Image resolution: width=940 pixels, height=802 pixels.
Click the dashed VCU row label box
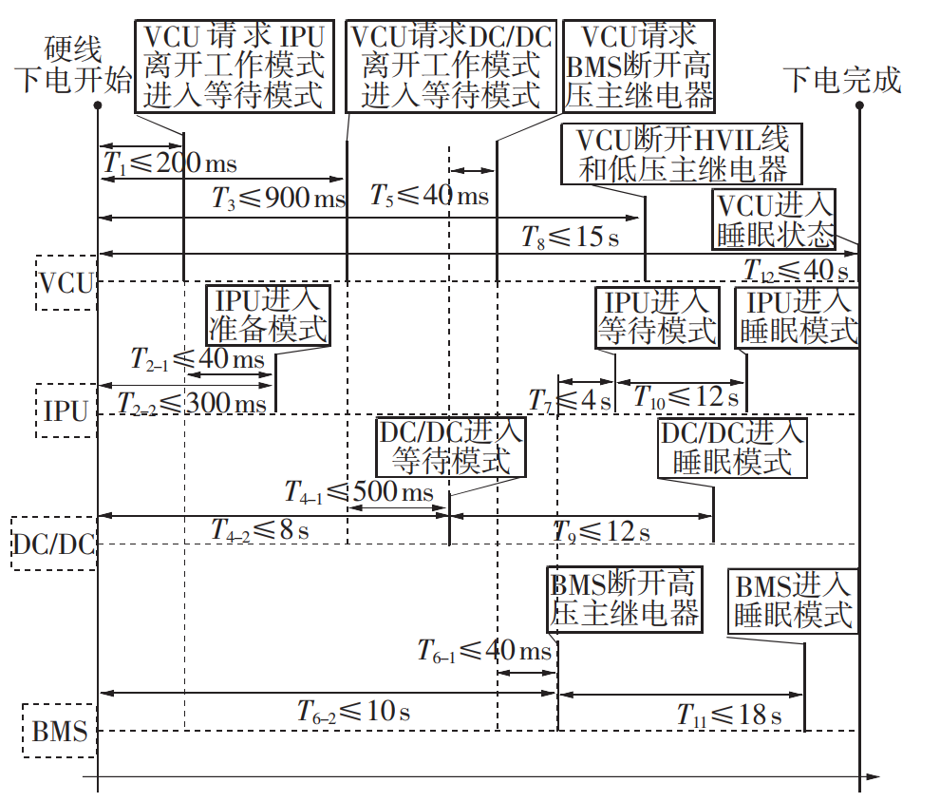[66, 283]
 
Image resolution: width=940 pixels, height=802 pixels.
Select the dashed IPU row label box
[66, 411]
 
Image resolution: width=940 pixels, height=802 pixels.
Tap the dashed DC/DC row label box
[54, 544]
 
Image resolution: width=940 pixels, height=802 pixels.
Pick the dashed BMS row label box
[60, 731]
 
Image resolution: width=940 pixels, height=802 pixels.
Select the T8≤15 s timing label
[570, 236]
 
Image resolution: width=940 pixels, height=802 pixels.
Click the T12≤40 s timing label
[796, 270]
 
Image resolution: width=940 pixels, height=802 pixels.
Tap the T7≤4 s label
[571, 398]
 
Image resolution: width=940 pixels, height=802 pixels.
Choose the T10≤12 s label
[686, 396]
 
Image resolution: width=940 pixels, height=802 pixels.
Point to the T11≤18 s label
[728, 715]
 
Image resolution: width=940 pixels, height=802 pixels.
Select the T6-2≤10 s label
[352, 710]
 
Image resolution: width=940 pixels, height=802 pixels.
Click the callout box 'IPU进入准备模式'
[268, 315]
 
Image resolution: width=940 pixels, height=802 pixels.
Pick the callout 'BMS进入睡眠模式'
[794, 600]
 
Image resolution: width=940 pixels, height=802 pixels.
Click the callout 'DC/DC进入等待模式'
[450, 447]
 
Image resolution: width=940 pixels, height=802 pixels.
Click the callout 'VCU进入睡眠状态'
[776, 220]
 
